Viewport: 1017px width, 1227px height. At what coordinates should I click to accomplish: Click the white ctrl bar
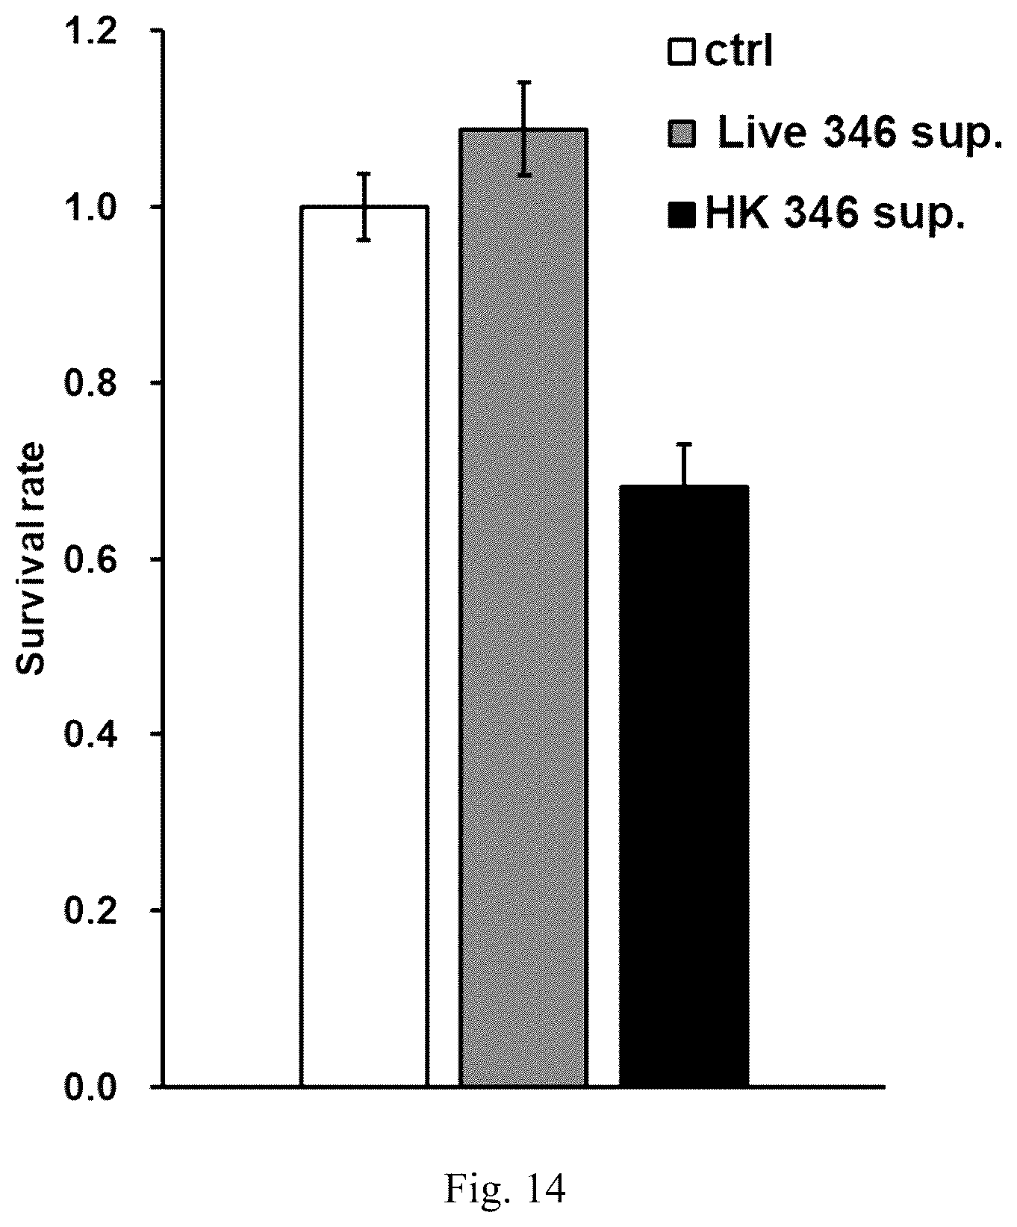[364, 646]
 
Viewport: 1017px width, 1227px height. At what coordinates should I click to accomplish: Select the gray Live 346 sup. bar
[523, 607]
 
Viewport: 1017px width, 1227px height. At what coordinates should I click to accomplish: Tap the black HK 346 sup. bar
[684, 786]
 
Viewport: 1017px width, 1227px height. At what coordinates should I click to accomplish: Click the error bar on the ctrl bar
[364, 206]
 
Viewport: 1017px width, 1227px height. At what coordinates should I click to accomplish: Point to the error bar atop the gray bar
[524, 128]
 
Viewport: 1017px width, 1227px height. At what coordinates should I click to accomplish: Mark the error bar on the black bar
[684, 465]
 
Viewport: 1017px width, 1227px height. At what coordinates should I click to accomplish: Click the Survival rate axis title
[32, 559]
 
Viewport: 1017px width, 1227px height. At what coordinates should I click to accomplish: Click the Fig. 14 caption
[506, 1169]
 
